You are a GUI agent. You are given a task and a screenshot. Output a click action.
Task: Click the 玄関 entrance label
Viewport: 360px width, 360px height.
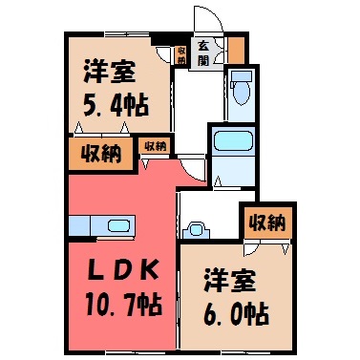pos(203,53)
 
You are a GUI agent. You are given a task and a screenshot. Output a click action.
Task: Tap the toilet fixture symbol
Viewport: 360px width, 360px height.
pos(242,89)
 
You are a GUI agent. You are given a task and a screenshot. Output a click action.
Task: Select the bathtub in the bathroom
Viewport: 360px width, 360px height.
pos(233,140)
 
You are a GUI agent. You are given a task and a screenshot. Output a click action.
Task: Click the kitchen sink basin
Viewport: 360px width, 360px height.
pos(119,226)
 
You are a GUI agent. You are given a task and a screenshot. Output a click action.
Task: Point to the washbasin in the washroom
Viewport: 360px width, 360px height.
pos(197,230)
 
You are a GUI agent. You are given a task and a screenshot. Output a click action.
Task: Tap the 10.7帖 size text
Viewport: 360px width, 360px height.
pos(123,306)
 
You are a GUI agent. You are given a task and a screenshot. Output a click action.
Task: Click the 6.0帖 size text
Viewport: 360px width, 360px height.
pos(236,314)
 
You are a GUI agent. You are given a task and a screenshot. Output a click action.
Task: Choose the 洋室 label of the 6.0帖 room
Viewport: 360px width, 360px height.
pos(230,281)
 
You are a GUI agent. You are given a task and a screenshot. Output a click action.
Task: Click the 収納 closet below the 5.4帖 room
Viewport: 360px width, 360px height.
pos(100,155)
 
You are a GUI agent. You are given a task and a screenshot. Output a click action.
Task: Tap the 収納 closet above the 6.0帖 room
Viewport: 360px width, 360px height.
pos(267,223)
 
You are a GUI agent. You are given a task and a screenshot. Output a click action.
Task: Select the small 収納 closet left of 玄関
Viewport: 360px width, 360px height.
pos(181,55)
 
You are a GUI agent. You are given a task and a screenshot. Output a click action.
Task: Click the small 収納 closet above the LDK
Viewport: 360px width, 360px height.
pos(155,147)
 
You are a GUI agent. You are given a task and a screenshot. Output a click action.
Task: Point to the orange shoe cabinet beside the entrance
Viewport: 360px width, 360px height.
pos(237,50)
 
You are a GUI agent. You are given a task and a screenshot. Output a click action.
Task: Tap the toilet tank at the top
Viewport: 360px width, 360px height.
pos(242,76)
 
